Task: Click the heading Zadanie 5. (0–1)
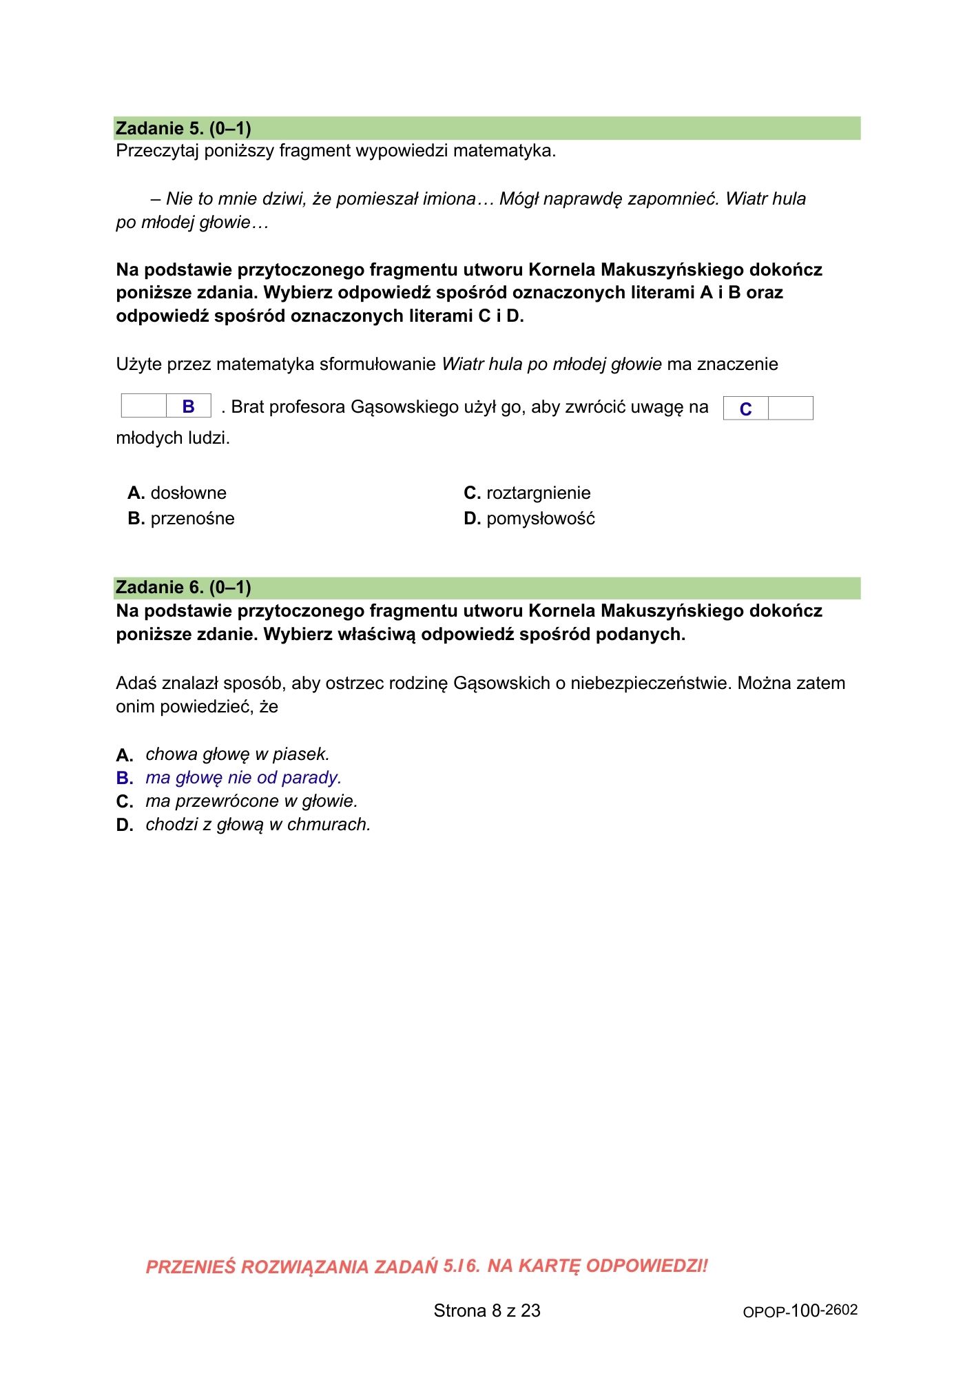click(x=183, y=128)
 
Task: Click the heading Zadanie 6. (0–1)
click(x=183, y=587)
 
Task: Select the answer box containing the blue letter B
click(x=188, y=407)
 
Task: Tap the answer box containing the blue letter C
click(x=745, y=409)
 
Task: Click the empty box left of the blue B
click(x=144, y=407)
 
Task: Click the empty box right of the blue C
click(x=790, y=409)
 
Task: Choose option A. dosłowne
click(x=177, y=493)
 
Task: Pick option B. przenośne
click(x=181, y=518)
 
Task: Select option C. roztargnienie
click(x=527, y=493)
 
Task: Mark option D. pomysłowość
click(x=529, y=518)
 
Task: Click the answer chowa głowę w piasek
click(x=238, y=754)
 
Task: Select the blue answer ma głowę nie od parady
click(x=243, y=777)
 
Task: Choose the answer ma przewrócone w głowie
click(x=251, y=801)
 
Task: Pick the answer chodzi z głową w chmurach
click(x=258, y=824)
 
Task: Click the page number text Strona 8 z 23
click(x=487, y=1310)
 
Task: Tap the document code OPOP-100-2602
click(x=800, y=1310)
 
